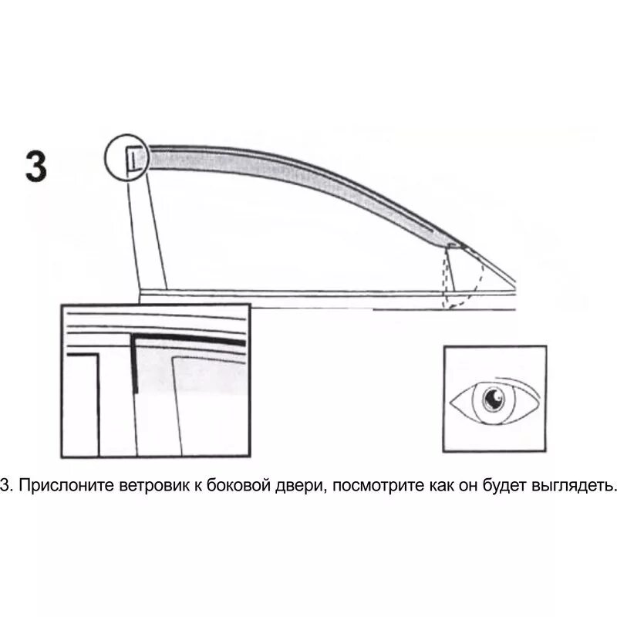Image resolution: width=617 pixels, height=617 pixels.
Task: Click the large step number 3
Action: (35, 167)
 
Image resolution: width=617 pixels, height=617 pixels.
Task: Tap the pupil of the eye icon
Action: (493, 399)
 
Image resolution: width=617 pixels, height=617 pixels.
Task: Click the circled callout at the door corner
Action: (125, 158)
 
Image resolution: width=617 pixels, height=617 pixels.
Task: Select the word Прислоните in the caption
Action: (63, 486)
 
